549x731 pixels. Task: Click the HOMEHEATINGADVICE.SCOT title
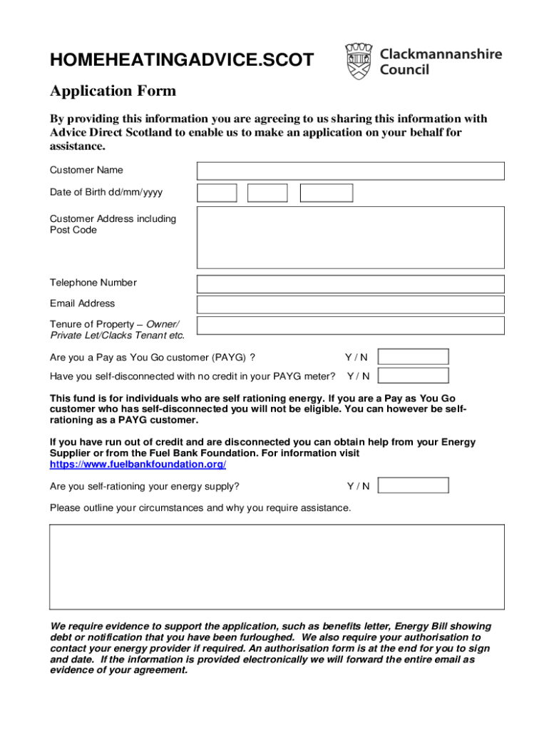point(181,61)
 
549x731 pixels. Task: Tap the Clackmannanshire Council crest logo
point(359,61)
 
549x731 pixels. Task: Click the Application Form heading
point(113,91)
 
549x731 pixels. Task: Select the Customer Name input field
point(350,171)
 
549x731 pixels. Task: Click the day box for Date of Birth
point(217,193)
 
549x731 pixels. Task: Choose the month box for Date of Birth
point(267,193)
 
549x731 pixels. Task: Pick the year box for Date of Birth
point(326,193)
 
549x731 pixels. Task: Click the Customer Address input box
point(350,237)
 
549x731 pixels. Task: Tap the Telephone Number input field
point(350,283)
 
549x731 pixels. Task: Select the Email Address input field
point(350,304)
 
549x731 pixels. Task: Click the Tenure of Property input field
point(350,326)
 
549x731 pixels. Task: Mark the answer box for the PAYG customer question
point(413,357)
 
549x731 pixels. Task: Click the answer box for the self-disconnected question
point(413,375)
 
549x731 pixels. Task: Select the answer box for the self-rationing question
point(413,485)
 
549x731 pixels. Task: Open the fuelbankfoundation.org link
point(138,464)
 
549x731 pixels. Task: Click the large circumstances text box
point(277,566)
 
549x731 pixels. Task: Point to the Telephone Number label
point(93,283)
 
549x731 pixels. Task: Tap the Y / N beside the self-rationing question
point(358,486)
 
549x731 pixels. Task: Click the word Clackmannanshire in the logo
point(441,54)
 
